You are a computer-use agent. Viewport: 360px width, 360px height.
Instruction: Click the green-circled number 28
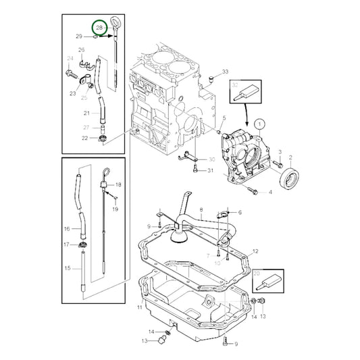click(x=100, y=28)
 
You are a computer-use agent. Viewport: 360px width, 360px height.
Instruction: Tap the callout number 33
click(x=225, y=72)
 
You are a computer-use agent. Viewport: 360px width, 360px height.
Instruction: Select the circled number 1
click(x=260, y=124)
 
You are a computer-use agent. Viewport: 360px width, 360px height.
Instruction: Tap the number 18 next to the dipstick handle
click(x=118, y=184)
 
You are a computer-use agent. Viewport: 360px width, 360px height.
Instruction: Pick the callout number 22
click(x=86, y=138)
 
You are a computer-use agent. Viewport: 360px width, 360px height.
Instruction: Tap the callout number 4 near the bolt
click(x=270, y=192)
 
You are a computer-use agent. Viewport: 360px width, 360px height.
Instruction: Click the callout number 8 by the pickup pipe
click(x=201, y=211)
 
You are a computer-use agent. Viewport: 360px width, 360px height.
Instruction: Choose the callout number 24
click(x=69, y=59)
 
